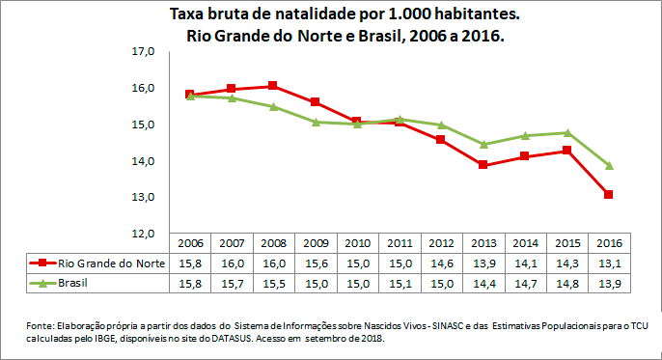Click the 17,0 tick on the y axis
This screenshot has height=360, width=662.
coord(142,51)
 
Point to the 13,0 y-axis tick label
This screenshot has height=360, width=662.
coord(142,198)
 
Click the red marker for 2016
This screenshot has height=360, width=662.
coord(608,195)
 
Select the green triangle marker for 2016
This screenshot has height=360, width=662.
coord(608,165)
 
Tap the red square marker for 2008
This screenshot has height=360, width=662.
coord(273,86)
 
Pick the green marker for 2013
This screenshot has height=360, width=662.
coord(483,145)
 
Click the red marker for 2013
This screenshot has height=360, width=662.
coord(483,165)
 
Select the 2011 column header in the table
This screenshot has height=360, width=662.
coord(400,243)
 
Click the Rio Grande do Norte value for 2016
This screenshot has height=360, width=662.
coord(609,263)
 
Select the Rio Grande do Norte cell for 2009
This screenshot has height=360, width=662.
coord(316,263)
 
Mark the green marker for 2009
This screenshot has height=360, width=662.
coord(316,122)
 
